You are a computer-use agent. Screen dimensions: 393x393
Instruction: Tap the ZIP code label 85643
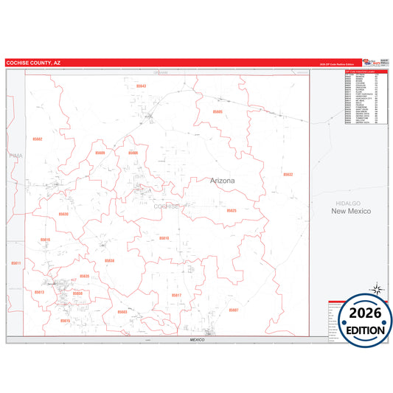142,86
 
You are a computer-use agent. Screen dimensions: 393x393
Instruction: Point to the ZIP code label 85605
217,111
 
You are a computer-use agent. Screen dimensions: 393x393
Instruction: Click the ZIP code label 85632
288,174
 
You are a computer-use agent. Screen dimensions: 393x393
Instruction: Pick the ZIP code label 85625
232,211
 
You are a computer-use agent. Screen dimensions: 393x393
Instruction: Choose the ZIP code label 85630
63,214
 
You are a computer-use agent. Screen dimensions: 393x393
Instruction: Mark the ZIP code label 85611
17,263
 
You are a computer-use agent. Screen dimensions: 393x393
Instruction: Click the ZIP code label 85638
109,260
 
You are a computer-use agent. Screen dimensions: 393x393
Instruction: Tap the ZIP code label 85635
84,276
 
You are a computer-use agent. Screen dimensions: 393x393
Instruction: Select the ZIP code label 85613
39,293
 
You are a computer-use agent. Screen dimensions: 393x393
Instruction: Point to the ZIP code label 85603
122,312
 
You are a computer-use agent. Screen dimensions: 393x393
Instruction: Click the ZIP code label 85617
176,295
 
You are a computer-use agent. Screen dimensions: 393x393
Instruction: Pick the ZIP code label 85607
234,310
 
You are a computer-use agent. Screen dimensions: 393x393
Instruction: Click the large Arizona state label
222,181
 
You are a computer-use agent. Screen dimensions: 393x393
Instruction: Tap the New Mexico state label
351,212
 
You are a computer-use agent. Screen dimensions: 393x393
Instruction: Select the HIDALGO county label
350,202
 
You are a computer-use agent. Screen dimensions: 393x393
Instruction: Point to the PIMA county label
15,156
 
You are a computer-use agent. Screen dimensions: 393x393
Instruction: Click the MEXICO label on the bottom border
196,339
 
